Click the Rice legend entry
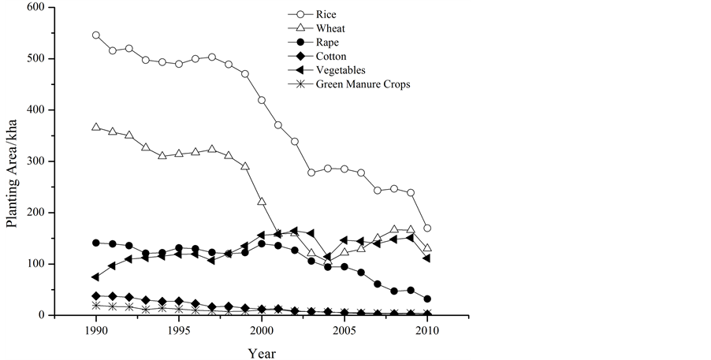tap(326, 15)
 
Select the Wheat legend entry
tap(330, 28)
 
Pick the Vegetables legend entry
tap(341, 70)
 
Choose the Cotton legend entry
tap(332, 56)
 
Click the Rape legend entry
tap(327, 43)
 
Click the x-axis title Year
tap(262, 352)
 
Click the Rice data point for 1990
tap(96, 35)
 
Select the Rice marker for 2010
tap(427, 228)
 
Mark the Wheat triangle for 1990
tap(96, 127)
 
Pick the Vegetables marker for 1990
tap(95, 277)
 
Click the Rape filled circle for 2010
tap(427, 299)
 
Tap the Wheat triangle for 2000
tap(262, 202)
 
